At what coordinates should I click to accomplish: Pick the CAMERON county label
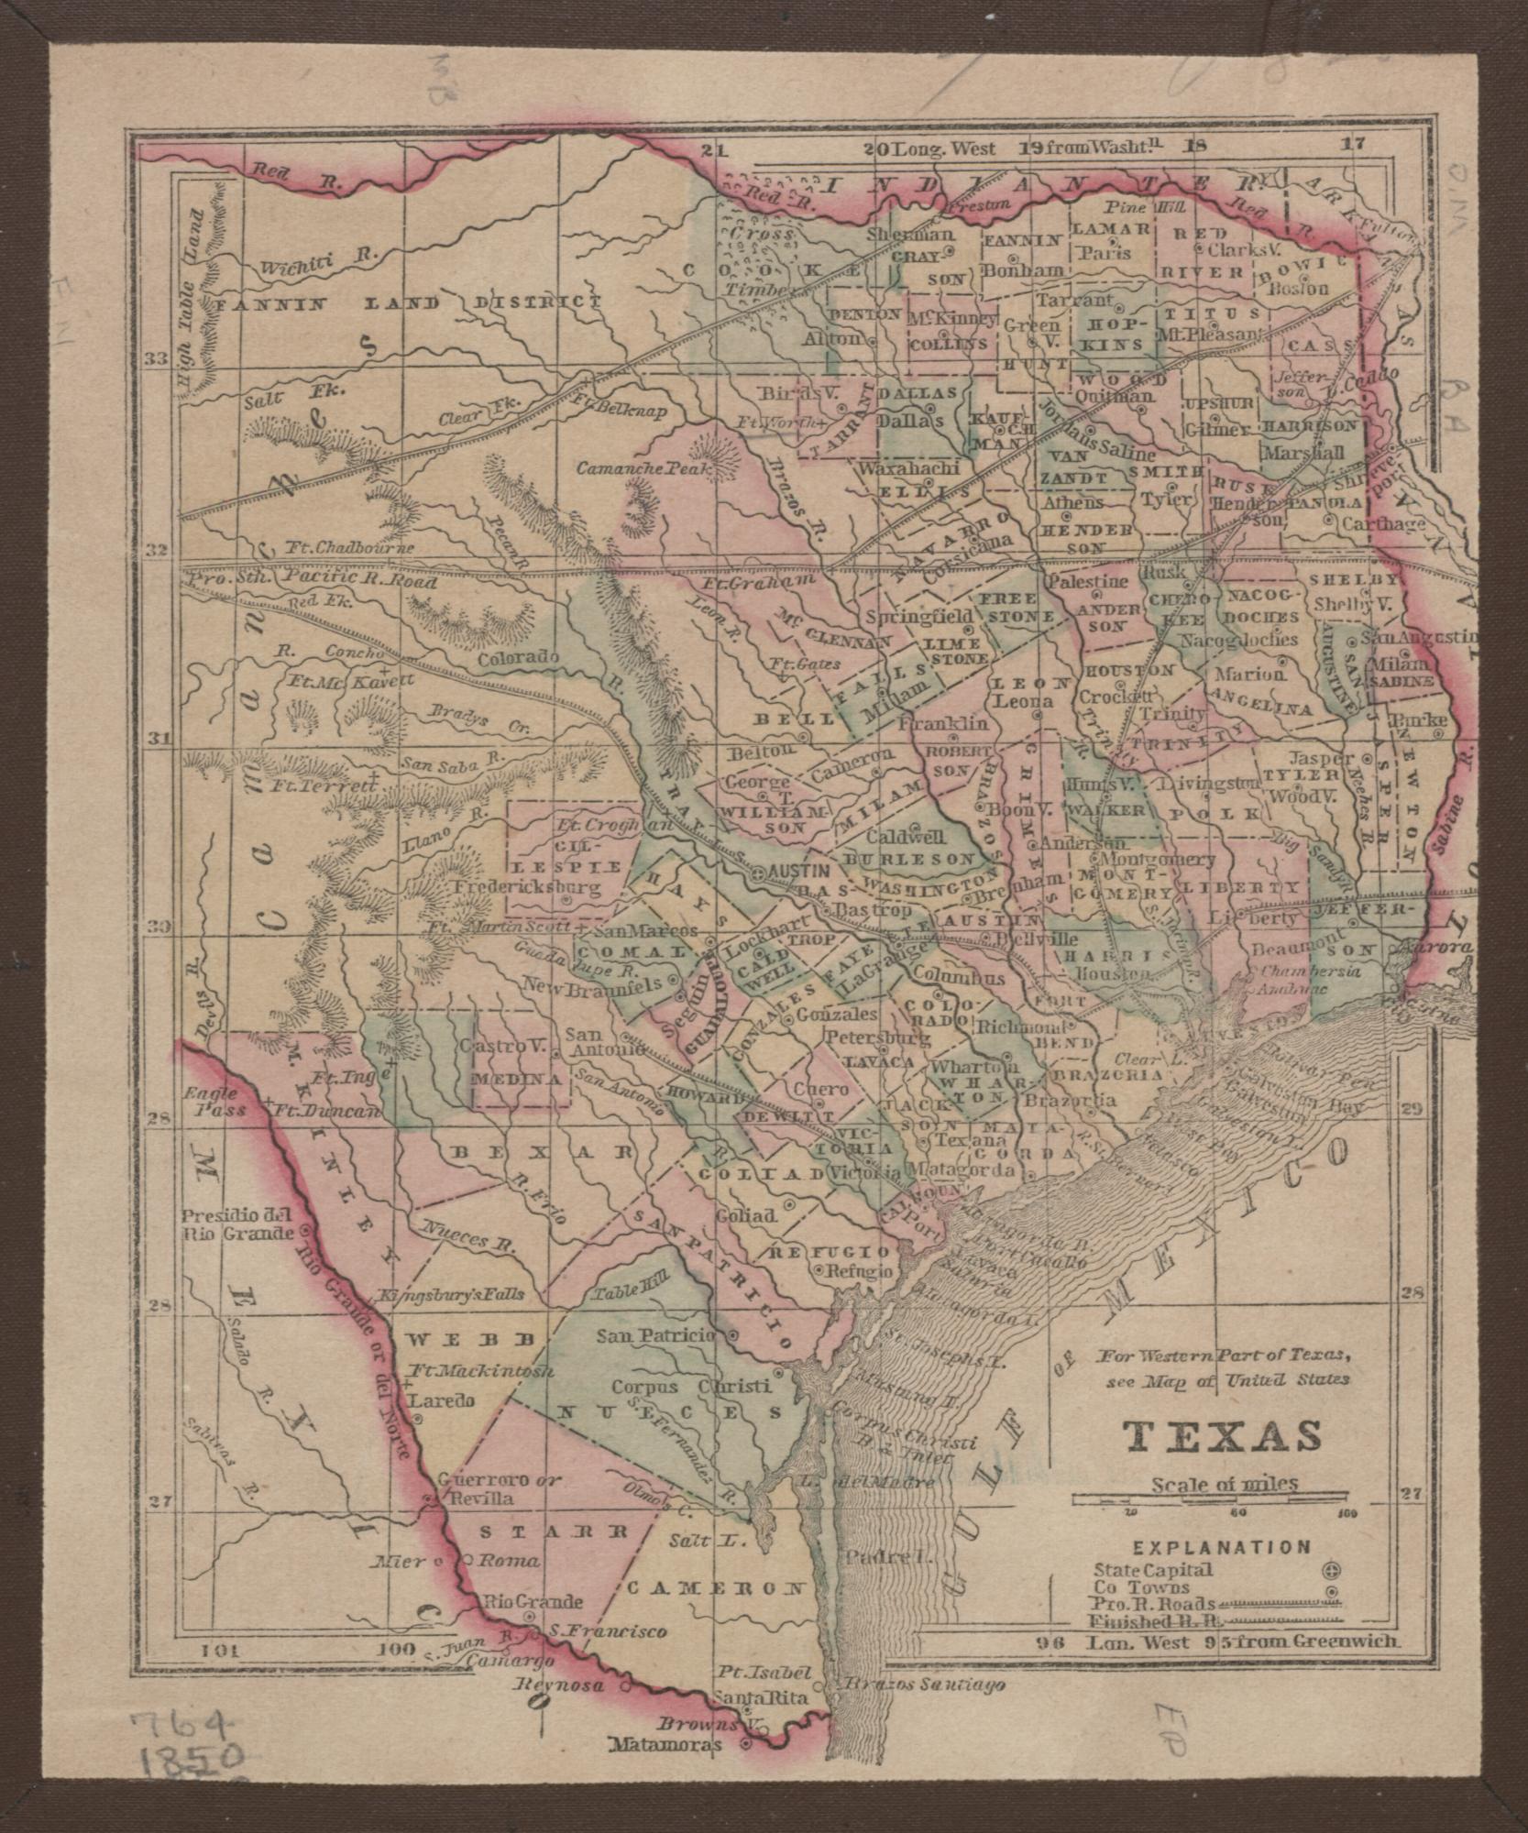click(716, 1586)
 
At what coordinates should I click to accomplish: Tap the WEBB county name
click(468, 1339)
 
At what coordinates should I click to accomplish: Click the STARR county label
click(555, 1531)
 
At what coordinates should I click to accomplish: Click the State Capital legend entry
click(1153, 1570)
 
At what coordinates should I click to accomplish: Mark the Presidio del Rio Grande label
click(236, 1225)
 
